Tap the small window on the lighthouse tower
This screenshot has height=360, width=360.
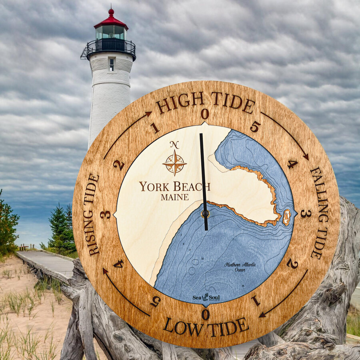(112, 64)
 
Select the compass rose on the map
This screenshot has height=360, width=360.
(174, 163)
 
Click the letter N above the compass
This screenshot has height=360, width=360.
(174, 145)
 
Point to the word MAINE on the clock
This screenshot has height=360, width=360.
(175, 197)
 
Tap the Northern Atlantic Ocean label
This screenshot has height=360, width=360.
(240, 267)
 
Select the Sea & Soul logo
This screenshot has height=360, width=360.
(206, 297)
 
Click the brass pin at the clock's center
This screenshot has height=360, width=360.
(205, 214)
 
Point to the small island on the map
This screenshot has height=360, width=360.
(286, 217)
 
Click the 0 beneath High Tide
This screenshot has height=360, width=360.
(205, 114)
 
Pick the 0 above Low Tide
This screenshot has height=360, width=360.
(205, 314)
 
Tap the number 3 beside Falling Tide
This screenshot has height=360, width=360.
(306, 214)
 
